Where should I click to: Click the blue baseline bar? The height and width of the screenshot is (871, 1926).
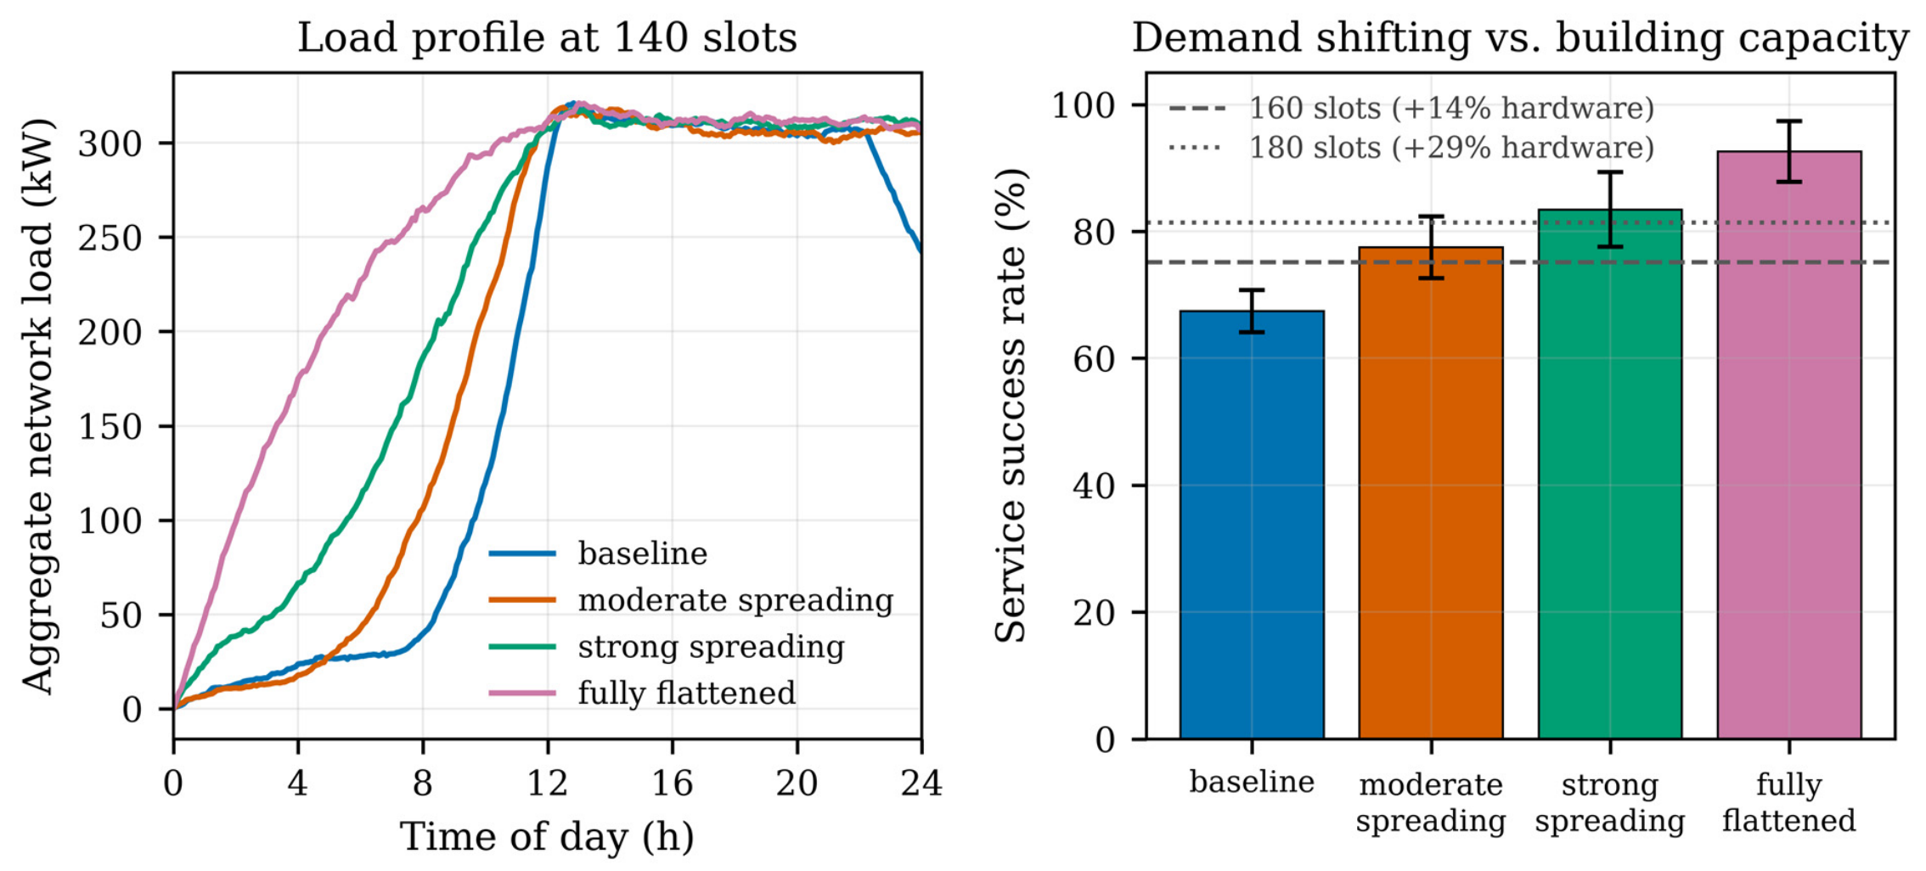coord(1252,525)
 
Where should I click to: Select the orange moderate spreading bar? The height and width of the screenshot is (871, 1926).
coord(1431,493)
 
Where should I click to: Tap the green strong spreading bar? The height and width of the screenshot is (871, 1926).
coord(1610,475)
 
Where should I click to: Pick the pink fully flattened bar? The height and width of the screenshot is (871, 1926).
coord(1789,446)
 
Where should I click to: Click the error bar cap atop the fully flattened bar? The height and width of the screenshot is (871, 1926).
coord(1789,121)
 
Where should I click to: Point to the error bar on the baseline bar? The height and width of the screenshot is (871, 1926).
coord(1252,311)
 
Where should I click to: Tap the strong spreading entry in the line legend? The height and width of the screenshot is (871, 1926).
coord(667,647)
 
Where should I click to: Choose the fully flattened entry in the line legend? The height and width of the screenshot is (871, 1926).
coord(643,693)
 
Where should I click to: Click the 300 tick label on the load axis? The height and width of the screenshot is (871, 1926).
coord(110,143)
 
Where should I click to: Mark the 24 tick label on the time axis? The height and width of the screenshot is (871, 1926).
coord(921,783)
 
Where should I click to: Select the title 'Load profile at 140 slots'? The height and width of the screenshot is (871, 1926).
coord(548,38)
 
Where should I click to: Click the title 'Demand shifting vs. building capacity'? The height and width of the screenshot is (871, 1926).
coord(1520,38)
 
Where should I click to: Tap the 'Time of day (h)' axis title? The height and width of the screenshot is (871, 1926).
coord(548,837)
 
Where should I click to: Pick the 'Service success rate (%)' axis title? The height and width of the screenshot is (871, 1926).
coord(1011,406)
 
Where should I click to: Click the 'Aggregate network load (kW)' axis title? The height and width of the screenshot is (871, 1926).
coord(37,406)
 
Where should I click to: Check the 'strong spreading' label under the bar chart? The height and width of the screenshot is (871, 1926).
coord(1610,802)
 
